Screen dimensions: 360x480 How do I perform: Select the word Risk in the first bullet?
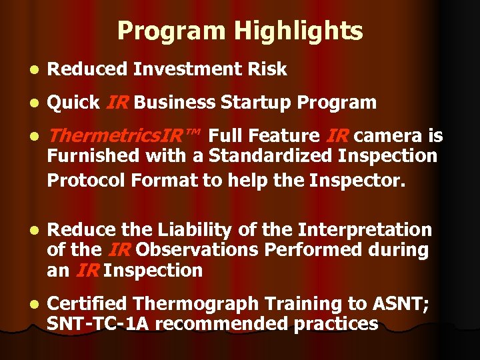(x=267, y=69)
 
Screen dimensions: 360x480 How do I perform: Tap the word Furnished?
(x=93, y=157)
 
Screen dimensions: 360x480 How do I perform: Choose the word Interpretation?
(x=365, y=230)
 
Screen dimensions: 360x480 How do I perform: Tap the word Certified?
(x=88, y=304)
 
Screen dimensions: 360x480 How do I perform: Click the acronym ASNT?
(x=407, y=304)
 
